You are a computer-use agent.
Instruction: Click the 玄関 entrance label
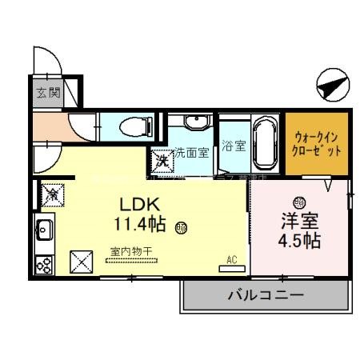(47, 92)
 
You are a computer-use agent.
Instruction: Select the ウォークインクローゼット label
(318, 143)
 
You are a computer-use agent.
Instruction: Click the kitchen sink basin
(44, 231)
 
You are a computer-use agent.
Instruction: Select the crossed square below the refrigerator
(82, 261)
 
